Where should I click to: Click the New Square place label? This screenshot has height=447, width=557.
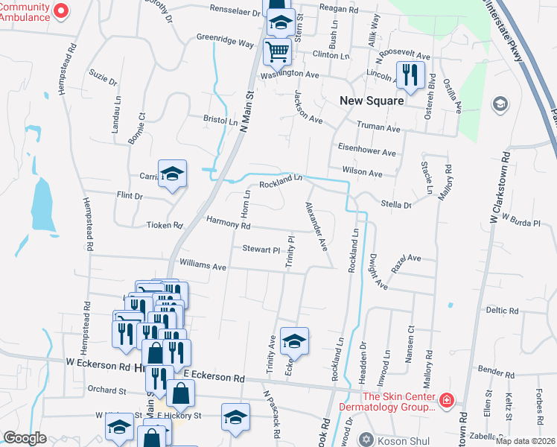click(372, 101)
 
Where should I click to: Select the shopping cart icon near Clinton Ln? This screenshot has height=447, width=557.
click(277, 51)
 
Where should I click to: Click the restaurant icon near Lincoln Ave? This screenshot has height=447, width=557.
click(410, 74)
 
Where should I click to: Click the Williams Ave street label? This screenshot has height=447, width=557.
click(203, 265)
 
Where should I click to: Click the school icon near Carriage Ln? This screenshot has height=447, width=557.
click(172, 174)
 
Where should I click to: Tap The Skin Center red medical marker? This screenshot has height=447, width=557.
click(446, 402)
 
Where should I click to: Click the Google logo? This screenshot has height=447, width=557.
click(25, 437)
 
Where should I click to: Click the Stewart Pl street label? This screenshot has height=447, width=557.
click(259, 249)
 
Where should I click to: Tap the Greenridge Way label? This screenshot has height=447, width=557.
click(225, 39)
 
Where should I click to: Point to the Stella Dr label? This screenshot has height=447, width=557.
click(396, 204)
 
